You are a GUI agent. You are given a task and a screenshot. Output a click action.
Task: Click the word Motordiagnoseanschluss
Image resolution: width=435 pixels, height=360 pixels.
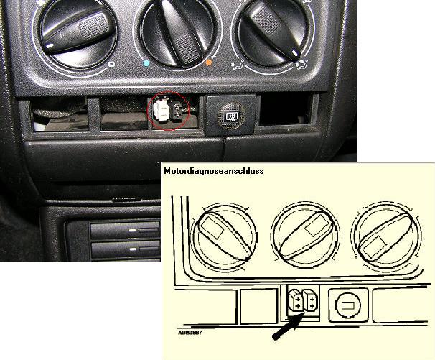213,172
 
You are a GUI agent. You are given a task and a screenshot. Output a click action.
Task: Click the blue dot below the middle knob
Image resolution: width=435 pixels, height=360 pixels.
147,64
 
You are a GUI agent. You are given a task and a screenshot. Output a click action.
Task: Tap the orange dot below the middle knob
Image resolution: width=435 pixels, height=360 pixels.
209,64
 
